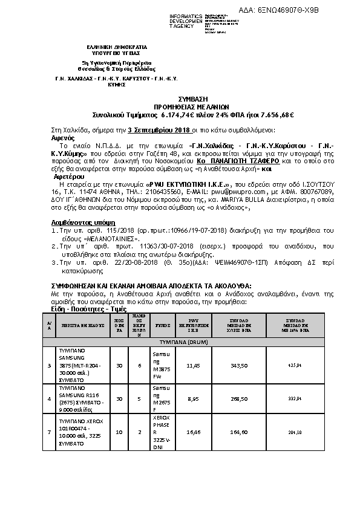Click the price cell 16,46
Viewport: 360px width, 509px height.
[x=193, y=432]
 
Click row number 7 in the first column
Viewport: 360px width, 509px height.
[x=49, y=432]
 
